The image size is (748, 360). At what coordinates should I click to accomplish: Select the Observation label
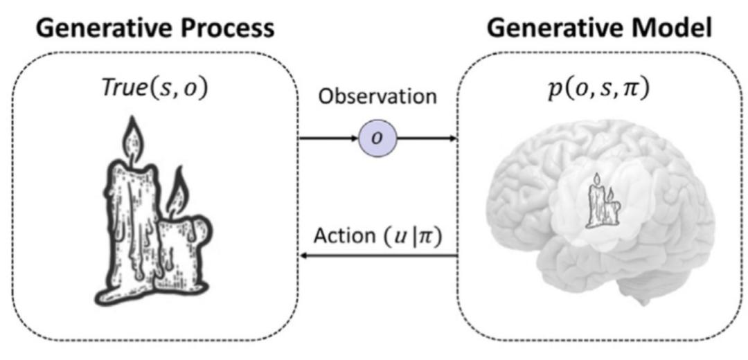pyautogui.click(x=377, y=97)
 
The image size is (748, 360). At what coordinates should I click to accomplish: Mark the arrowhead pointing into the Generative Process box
pyautogui.click(x=303, y=255)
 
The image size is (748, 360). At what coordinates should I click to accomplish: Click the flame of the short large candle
pyautogui.click(x=177, y=192)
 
